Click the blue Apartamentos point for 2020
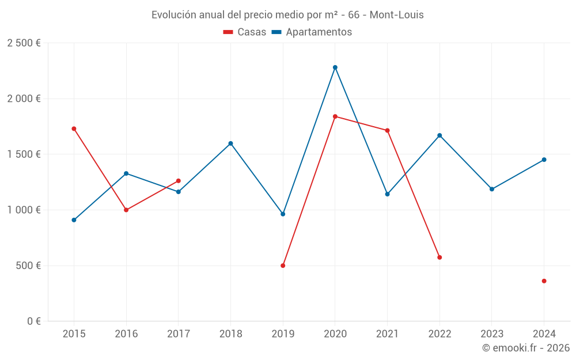[335, 67]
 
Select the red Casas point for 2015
[74, 128]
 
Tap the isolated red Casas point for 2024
[544, 281]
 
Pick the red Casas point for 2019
[283, 266]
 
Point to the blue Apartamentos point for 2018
[230, 143]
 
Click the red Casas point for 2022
[439, 257]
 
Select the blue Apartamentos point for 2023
[491, 189]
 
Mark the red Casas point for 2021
[387, 131]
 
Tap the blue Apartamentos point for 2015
[74, 220]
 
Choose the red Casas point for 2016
[126, 210]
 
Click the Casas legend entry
[245, 32]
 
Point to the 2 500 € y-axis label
[24, 43]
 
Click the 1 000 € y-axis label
[24, 210]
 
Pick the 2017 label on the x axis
[178, 334]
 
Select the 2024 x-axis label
[544, 334]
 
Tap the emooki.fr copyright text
[525, 348]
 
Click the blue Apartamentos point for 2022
[439, 135]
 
